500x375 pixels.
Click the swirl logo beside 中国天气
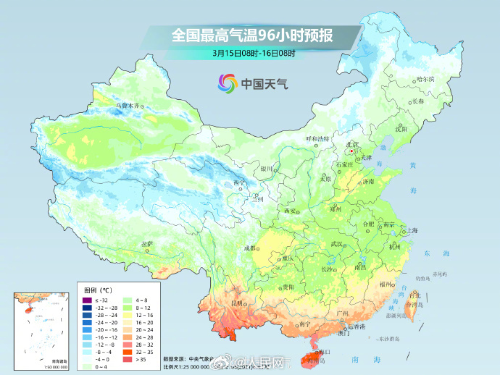point(228,83)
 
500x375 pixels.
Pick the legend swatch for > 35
point(127,358)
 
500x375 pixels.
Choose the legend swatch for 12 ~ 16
point(127,315)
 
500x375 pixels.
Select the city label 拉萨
point(147,244)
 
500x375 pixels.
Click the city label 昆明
point(236,303)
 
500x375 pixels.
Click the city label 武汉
point(336,245)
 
